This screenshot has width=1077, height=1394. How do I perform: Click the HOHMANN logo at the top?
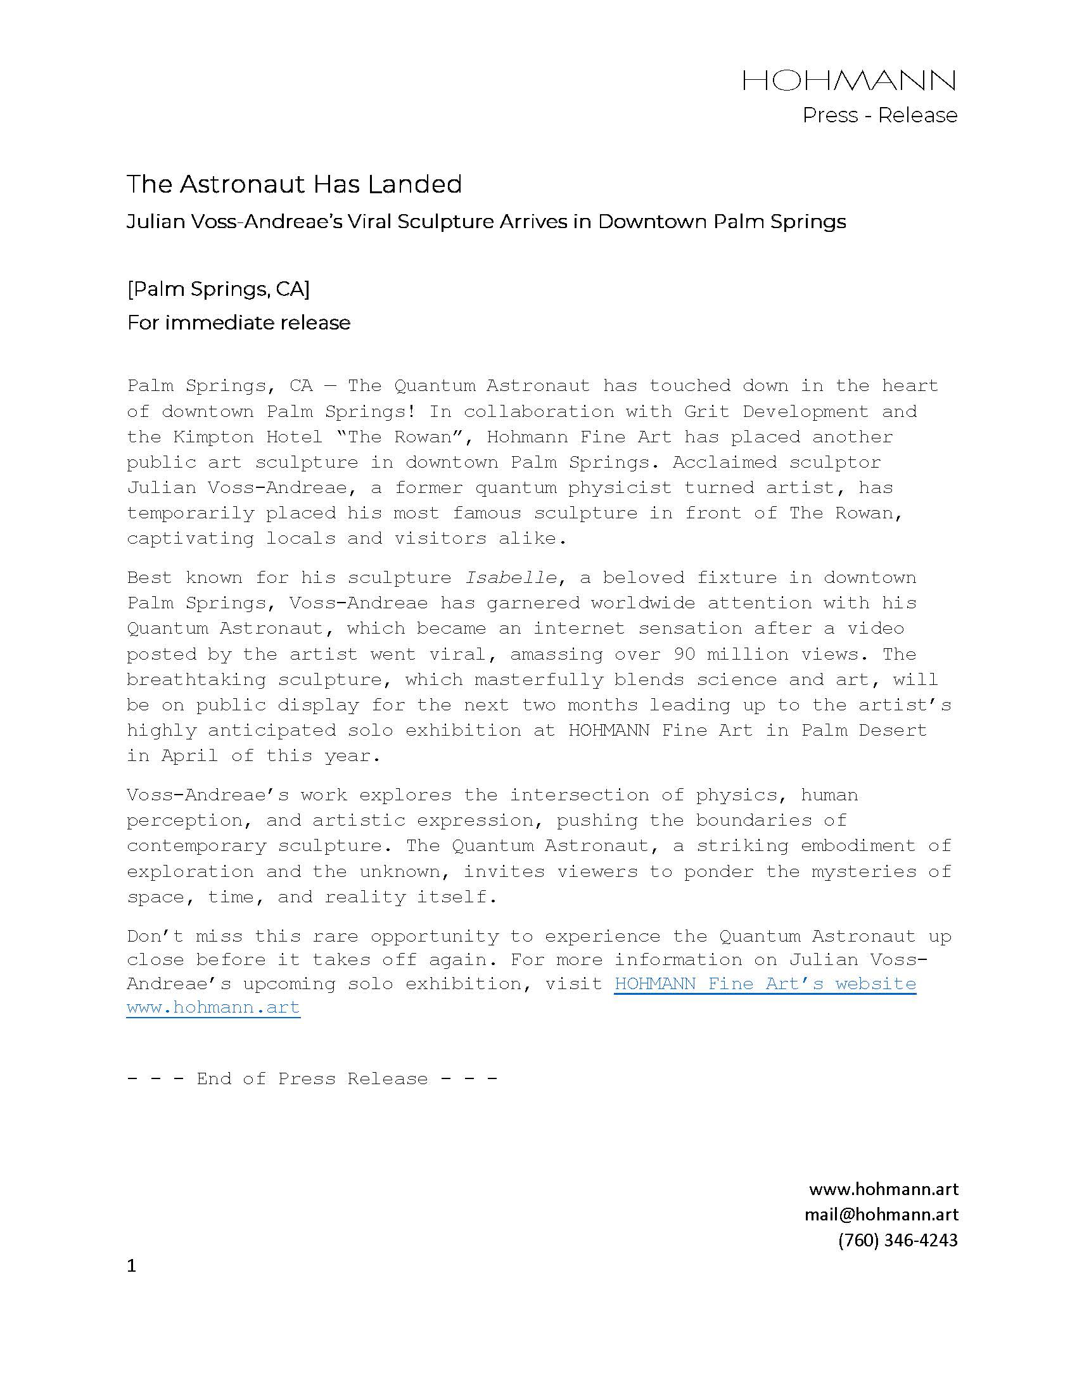point(848,80)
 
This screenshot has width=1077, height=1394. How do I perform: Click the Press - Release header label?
point(879,115)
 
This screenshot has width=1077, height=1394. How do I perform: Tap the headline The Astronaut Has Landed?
point(294,184)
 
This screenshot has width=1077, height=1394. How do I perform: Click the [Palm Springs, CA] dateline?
point(218,289)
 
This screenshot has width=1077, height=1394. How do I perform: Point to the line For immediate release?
point(239,323)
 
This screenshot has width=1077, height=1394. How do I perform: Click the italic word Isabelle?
point(511,578)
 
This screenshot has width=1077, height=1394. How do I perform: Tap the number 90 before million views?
point(685,655)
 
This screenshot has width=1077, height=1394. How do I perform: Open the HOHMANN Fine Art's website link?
point(765,983)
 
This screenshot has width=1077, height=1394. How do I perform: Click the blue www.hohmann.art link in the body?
point(213,1008)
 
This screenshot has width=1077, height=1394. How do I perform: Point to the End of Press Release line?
point(312,1078)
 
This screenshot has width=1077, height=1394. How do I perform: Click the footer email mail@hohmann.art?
point(881,1214)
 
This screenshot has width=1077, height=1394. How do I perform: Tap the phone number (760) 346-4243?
point(898,1239)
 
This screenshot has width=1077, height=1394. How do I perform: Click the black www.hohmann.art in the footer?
point(883,1189)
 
